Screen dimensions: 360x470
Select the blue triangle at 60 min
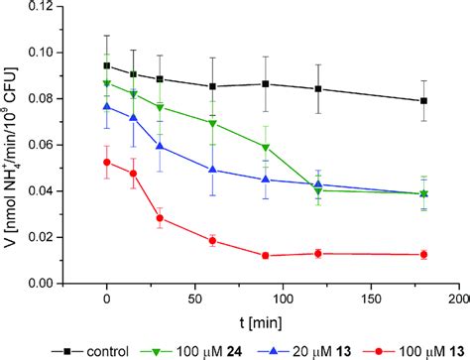pos(212,170)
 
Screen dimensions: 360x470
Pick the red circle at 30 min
pos(160,218)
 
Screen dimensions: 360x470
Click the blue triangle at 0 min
pos(107,106)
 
